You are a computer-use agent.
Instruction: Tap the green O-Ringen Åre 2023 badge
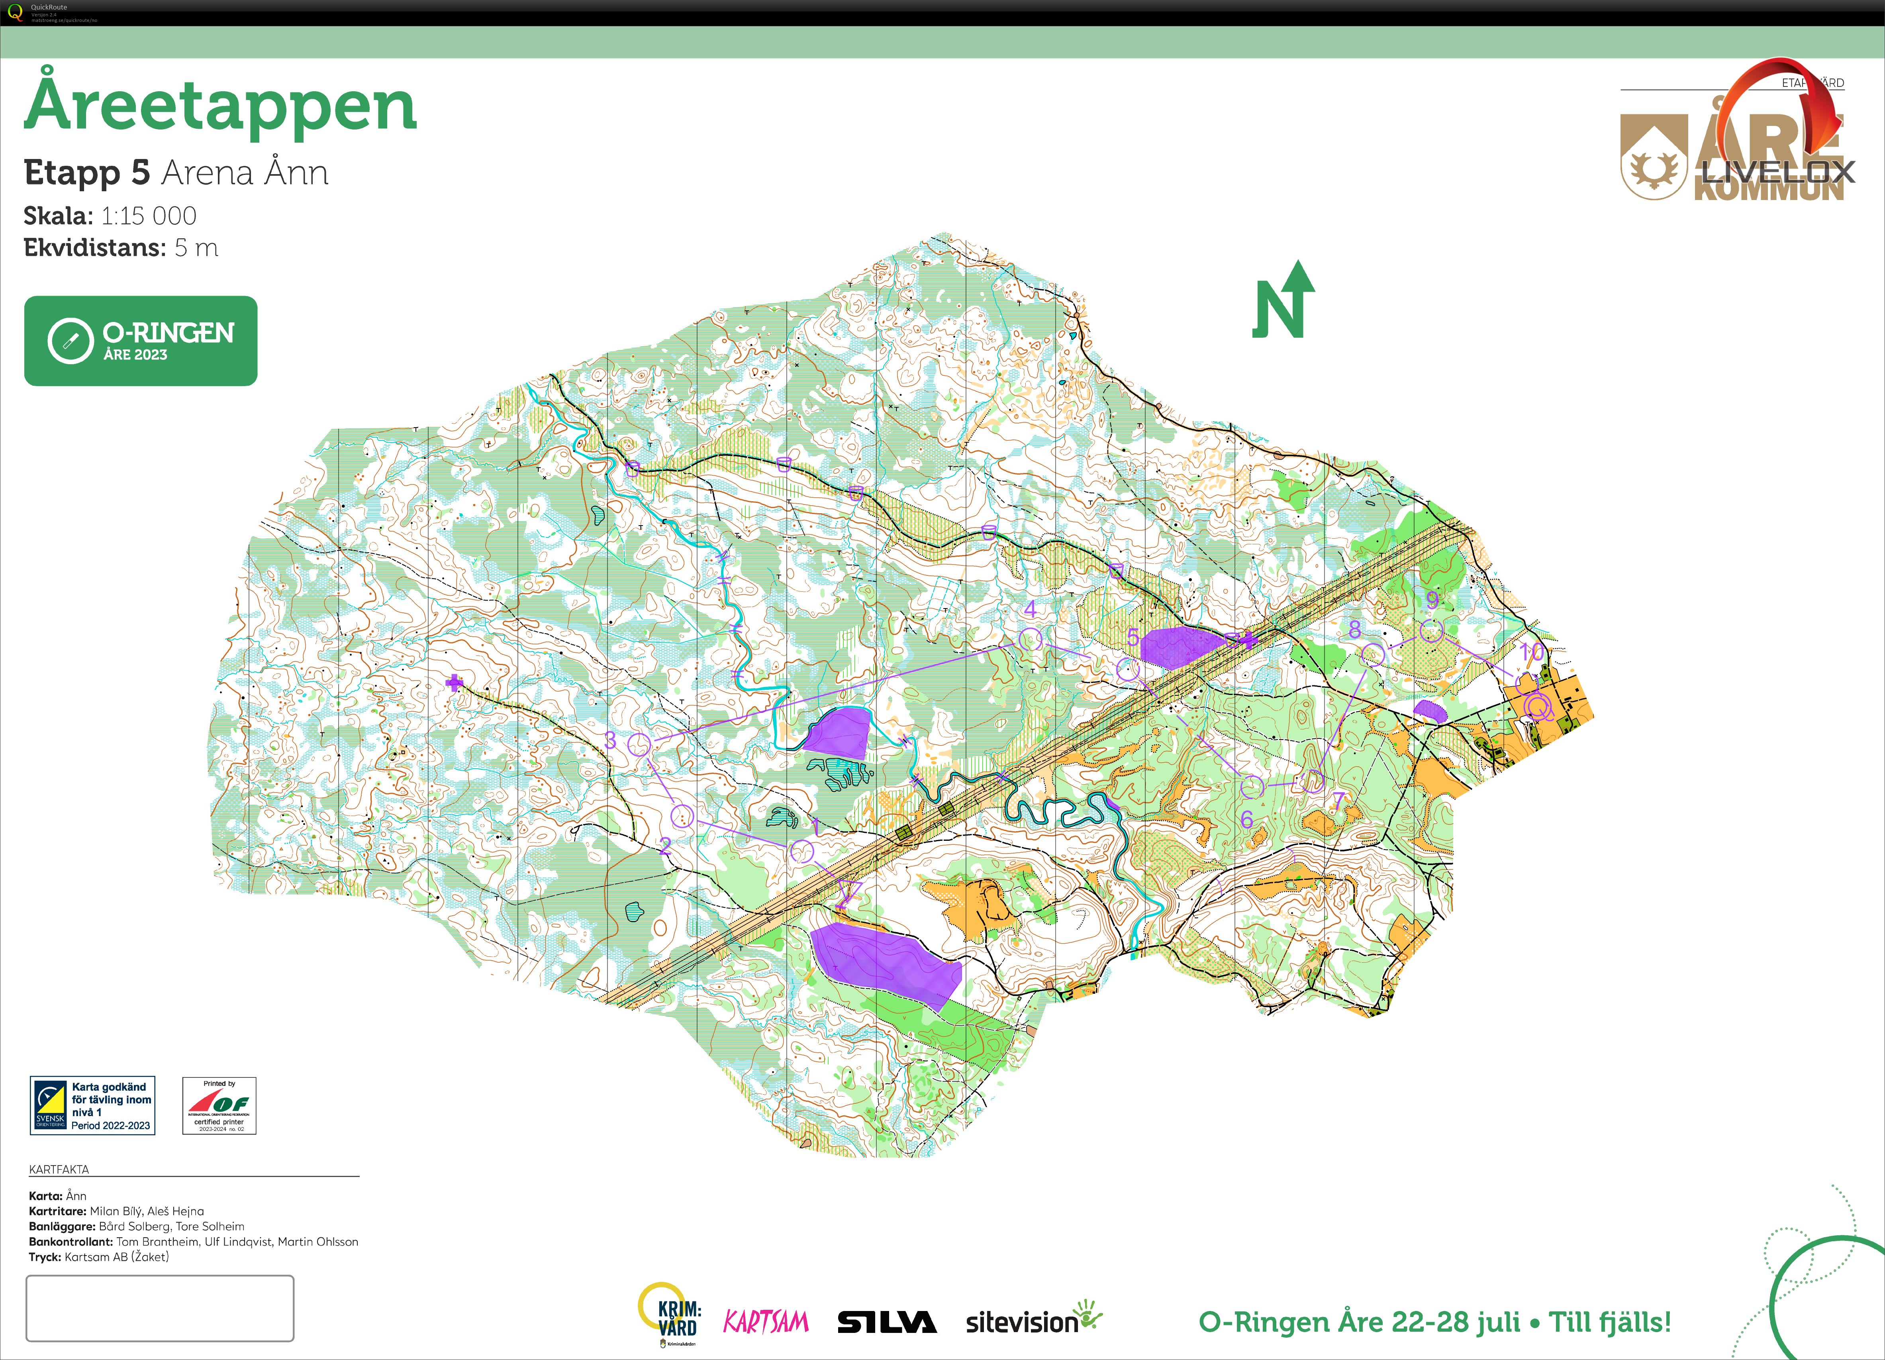pos(141,341)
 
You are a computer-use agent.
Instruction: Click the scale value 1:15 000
pos(149,216)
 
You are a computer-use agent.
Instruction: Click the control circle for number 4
pos(1030,639)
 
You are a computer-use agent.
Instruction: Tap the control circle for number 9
pos(1430,631)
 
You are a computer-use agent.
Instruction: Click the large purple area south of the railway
pos(885,962)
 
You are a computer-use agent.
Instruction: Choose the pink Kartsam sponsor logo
pos(766,1322)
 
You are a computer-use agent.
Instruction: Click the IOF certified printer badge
pos(219,1106)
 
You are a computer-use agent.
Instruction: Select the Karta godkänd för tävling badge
pos(92,1106)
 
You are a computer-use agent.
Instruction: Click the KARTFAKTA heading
pos(59,1169)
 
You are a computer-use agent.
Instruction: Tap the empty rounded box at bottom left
pos(160,1308)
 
